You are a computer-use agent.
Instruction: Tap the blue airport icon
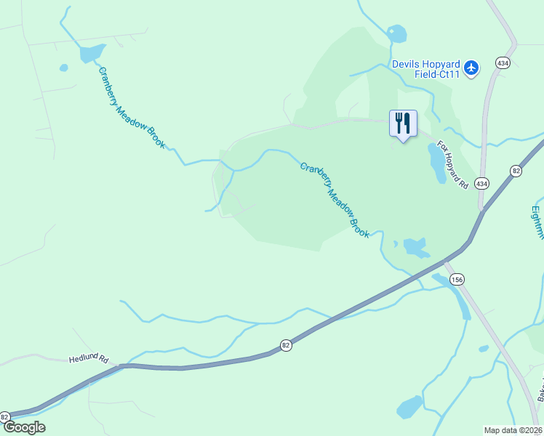click(472, 68)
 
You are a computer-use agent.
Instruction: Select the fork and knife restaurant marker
click(403, 124)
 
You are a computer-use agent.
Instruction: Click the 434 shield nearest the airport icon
click(502, 63)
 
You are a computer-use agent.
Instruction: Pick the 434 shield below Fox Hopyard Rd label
click(481, 184)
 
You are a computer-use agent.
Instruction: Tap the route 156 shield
click(457, 279)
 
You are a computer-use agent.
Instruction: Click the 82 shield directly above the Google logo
click(5, 416)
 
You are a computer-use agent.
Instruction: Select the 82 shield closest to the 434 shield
click(516, 171)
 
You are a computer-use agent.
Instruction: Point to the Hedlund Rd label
click(89, 359)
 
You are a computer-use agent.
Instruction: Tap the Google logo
click(24, 427)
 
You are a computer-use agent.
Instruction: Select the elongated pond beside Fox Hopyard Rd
click(436, 163)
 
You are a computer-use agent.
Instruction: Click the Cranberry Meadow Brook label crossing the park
click(335, 200)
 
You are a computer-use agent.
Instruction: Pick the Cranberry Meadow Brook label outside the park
click(131, 106)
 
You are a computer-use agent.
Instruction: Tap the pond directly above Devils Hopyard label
click(397, 33)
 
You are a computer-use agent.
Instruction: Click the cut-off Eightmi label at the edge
click(537, 222)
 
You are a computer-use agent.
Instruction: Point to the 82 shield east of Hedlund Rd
click(286, 345)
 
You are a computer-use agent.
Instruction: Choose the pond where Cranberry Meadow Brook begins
click(92, 53)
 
